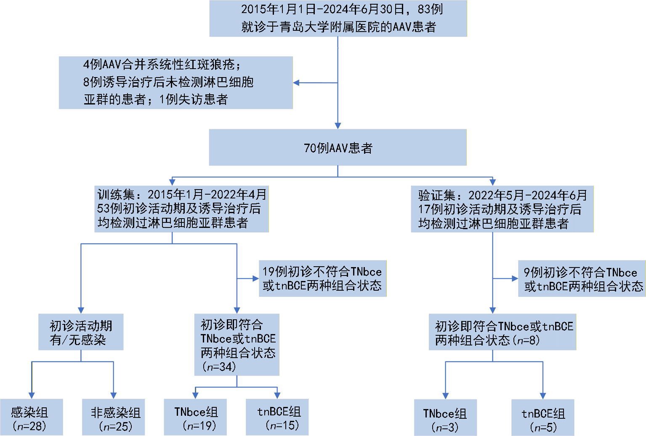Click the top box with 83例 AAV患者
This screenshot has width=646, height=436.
[x=338, y=19]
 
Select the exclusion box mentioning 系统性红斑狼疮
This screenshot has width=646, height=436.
[x=175, y=83]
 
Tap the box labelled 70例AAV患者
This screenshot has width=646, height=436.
[x=338, y=147]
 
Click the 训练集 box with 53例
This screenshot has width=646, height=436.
[x=181, y=209]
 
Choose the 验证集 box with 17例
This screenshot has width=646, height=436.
[x=502, y=209]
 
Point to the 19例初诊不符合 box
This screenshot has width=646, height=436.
[x=322, y=278]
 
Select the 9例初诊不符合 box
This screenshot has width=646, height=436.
[x=582, y=278]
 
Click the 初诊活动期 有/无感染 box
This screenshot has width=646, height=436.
[x=81, y=332]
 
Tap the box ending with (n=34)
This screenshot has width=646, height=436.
[x=237, y=345]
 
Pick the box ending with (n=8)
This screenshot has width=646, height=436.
[x=502, y=332]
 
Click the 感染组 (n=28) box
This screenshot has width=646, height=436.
[x=31, y=417]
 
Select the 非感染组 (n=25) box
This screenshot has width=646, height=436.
[x=114, y=417]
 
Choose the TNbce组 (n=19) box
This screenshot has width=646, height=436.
[x=195, y=417]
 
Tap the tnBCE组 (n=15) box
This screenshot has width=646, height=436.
[x=277, y=417]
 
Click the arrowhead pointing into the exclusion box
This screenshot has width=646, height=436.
[x=296, y=83]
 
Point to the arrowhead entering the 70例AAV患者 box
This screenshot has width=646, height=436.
[x=338, y=126]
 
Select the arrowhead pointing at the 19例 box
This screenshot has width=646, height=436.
[x=255, y=278]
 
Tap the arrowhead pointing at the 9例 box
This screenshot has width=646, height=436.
[x=515, y=278]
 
